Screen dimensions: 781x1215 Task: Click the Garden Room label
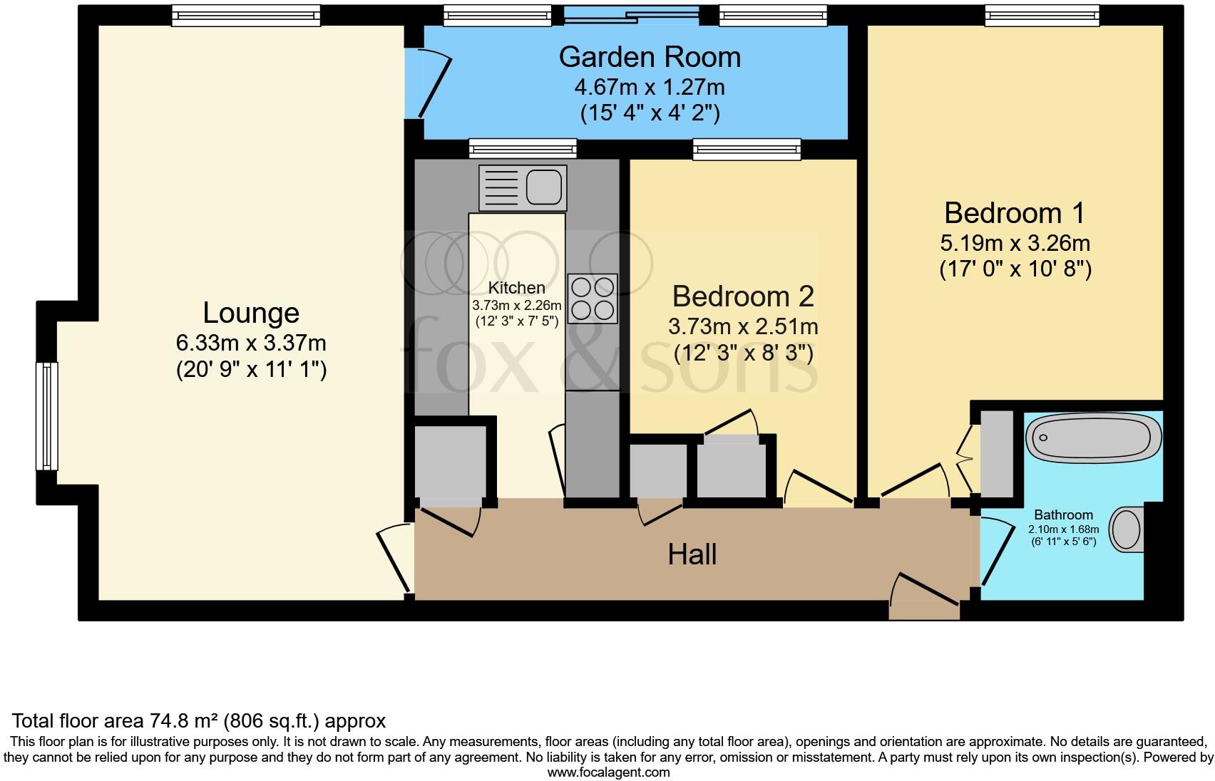649,57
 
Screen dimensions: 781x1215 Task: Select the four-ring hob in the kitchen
593,299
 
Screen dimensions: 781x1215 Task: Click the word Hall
692,554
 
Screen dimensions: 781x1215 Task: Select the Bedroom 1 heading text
1014,213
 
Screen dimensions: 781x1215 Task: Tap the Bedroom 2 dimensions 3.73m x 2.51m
742,327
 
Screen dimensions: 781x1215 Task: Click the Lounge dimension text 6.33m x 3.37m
251,343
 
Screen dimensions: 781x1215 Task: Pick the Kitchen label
516,288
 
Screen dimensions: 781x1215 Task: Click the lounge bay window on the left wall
47,416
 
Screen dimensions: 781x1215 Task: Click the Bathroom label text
1063,514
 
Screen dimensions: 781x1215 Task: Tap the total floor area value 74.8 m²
185,720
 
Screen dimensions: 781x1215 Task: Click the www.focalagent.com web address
608,772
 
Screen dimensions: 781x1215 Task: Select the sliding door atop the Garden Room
632,14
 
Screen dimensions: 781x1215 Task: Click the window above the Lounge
246,16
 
